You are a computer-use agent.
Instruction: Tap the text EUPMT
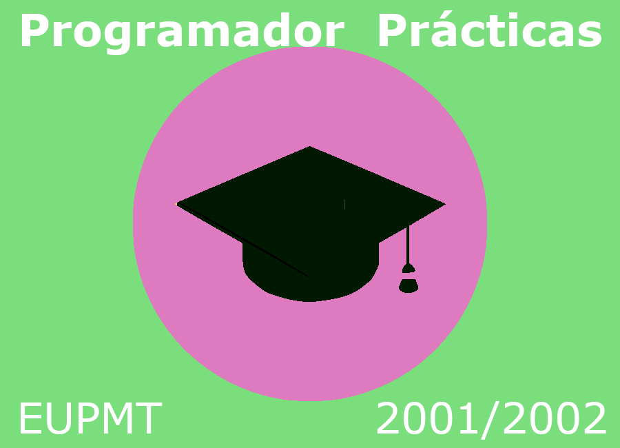(90, 418)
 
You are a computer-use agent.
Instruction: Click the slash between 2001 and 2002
(490, 420)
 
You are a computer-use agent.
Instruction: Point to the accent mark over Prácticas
(446, 14)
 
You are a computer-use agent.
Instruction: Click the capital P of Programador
(35, 30)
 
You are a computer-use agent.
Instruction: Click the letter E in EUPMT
(31, 418)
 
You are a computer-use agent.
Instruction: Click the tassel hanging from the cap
(409, 278)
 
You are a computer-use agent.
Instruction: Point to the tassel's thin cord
(408, 245)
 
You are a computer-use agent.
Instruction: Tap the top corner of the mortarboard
(309, 146)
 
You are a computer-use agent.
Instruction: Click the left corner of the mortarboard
(176, 204)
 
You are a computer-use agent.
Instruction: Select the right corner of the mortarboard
(446, 204)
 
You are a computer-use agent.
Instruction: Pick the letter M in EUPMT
(118, 418)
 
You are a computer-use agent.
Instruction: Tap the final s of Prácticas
(590, 35)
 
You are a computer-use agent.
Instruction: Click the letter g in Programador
(117, 39)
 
